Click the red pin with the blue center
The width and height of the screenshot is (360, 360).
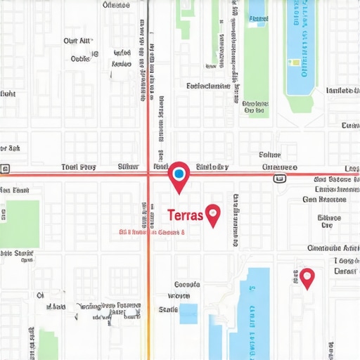[x=179, y=173]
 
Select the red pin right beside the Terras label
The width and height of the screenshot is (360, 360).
[x=212, y=213]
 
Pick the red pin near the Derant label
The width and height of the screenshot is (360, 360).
[x=307, y=276]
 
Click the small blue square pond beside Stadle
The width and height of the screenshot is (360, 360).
[x=188, y=314]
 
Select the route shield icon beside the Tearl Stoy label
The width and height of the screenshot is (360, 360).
[x=5, y=169]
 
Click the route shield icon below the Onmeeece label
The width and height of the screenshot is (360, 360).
[x=280, y=179]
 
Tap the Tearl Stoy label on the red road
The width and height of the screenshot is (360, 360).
[x=78, y=167]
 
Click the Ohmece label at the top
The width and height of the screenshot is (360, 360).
[x=116, y=5]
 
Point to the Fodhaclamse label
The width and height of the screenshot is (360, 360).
[x=208, y=86]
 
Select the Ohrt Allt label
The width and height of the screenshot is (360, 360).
[x=78, y=41]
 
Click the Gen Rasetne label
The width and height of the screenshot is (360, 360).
[x=325, y=200]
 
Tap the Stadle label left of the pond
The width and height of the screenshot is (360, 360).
[x=169, y=309]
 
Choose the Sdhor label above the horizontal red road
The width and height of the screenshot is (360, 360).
[x=270, y=155]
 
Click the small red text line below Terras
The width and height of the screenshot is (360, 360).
[x=151, y=231]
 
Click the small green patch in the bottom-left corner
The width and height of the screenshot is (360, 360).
[x=48, y=346]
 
